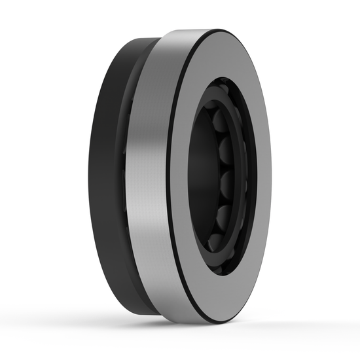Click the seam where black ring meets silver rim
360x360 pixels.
131,177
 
